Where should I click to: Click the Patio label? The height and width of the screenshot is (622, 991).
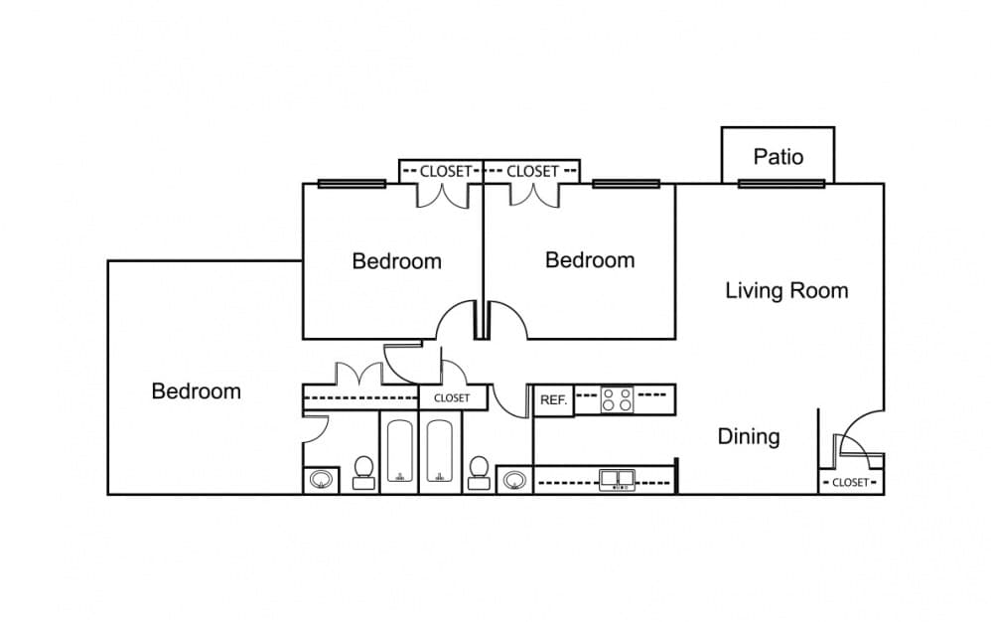[779, 157]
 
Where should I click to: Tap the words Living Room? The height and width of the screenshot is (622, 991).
[786, 291]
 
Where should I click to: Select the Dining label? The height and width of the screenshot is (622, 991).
[749, 437]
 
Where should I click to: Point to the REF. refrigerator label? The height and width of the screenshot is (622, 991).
[554, 400]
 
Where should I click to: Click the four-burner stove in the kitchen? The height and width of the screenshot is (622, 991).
[617, 399]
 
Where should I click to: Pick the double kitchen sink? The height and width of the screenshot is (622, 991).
[617, 480]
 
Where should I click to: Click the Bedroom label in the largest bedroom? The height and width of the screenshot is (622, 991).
[196, 391]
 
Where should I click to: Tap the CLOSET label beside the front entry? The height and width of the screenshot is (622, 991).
[851, 482]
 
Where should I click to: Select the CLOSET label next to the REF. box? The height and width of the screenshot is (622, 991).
[452, 398]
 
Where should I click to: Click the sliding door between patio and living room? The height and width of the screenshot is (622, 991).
[781, 184]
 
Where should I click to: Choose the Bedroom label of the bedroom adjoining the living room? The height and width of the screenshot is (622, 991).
[590, 260]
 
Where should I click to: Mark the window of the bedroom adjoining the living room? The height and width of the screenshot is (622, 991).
[626, 184]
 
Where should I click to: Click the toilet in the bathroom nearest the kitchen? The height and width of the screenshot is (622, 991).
[479, 473]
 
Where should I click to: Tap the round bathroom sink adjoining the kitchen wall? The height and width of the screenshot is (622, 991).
[513, 480]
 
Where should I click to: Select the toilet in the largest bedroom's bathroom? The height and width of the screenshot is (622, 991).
[363, 473]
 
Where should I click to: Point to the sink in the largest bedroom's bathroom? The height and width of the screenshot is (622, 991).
[321, 480]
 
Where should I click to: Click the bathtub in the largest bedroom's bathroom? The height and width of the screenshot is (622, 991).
[399, 451]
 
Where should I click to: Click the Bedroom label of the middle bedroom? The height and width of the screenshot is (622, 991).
[396, 261]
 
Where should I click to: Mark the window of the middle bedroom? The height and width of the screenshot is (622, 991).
[352, 184]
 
